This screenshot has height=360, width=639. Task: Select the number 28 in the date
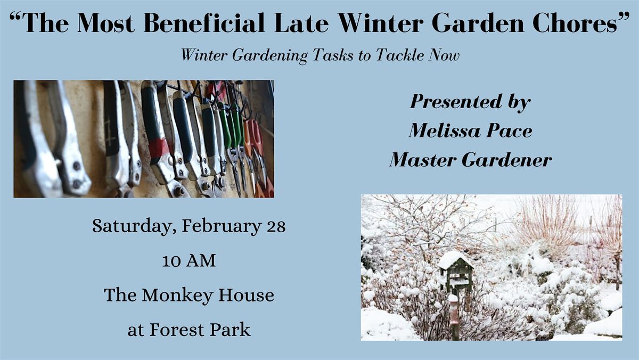(x=275, y=226)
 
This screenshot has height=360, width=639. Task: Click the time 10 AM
(x=189, y=261)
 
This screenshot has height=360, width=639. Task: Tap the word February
(x=219, y=226)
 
